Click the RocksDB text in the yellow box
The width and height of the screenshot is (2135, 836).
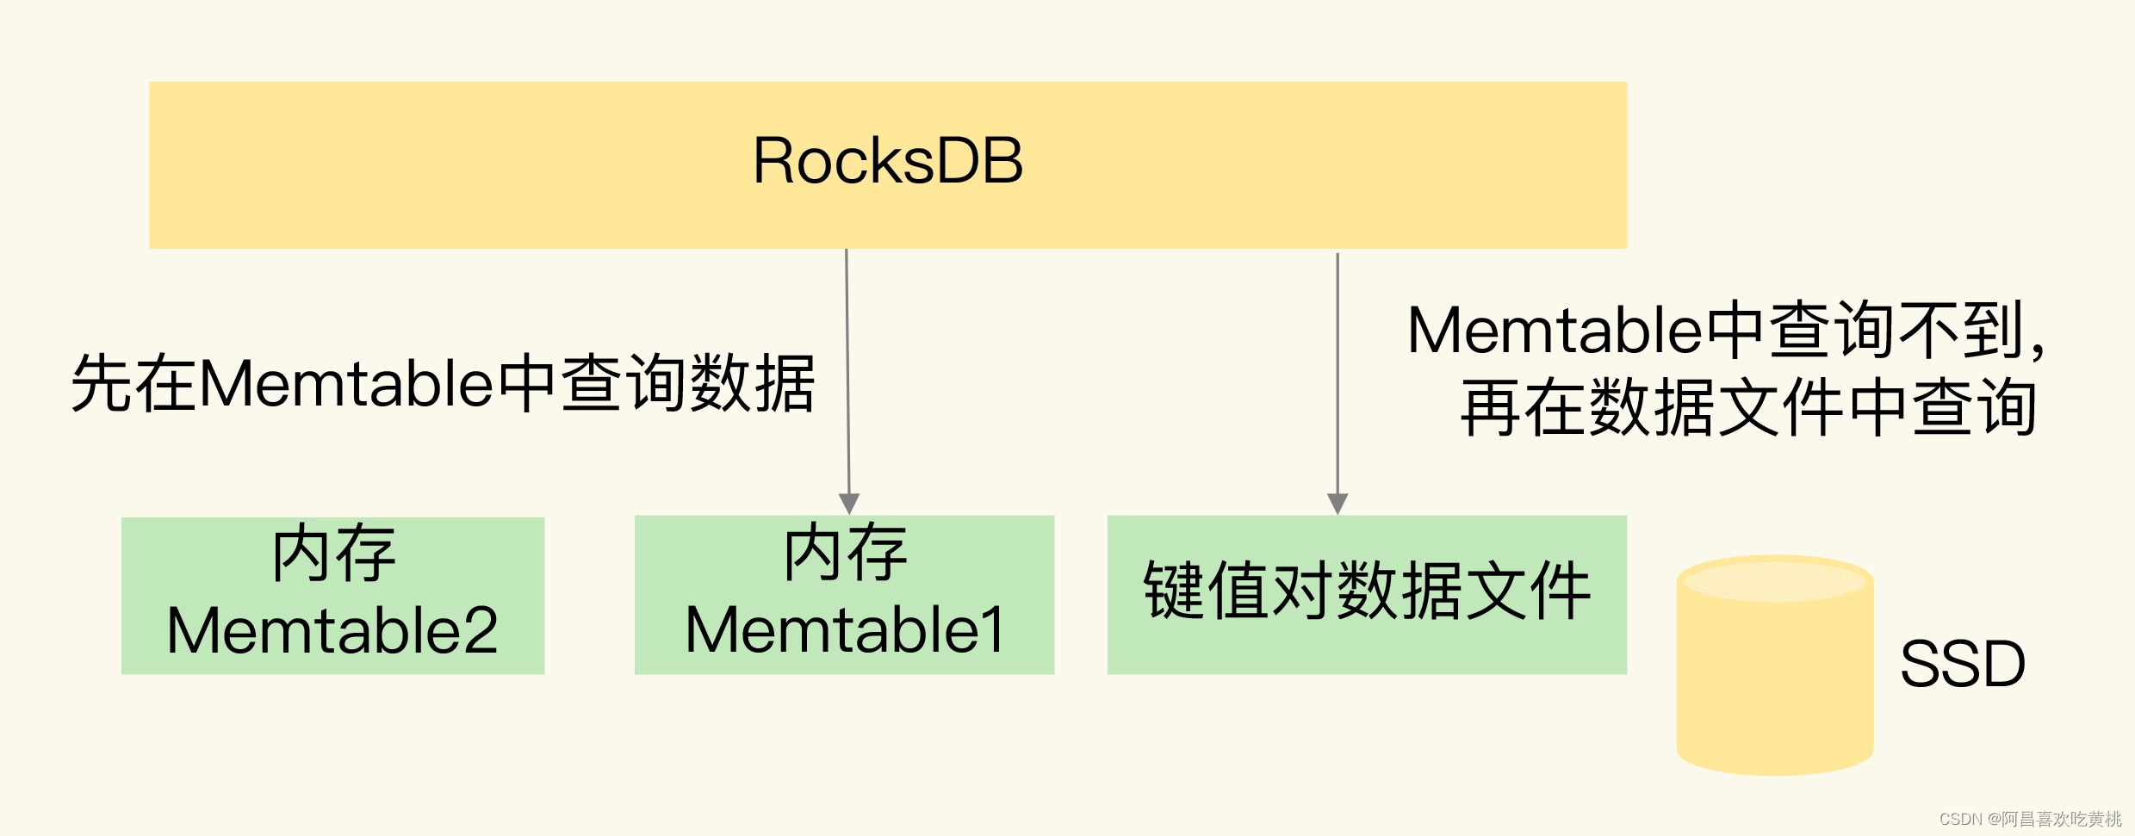888,161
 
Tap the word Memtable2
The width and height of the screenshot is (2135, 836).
332,631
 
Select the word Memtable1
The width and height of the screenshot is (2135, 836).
845,630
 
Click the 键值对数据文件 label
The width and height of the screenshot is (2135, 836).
1367,591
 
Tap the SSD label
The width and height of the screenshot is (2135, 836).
1962,664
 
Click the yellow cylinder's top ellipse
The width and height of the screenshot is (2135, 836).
1775,579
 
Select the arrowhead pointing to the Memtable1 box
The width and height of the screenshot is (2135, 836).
849,504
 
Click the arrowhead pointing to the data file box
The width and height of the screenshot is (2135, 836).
1337,504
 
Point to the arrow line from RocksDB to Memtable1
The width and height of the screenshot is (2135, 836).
847,370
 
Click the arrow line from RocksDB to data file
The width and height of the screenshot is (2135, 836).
1337,370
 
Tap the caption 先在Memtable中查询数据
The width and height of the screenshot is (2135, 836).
443,384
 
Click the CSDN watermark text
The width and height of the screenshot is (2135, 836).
2030,819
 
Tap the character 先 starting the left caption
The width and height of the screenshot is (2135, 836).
102,384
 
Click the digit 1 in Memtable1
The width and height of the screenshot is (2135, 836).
993,630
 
